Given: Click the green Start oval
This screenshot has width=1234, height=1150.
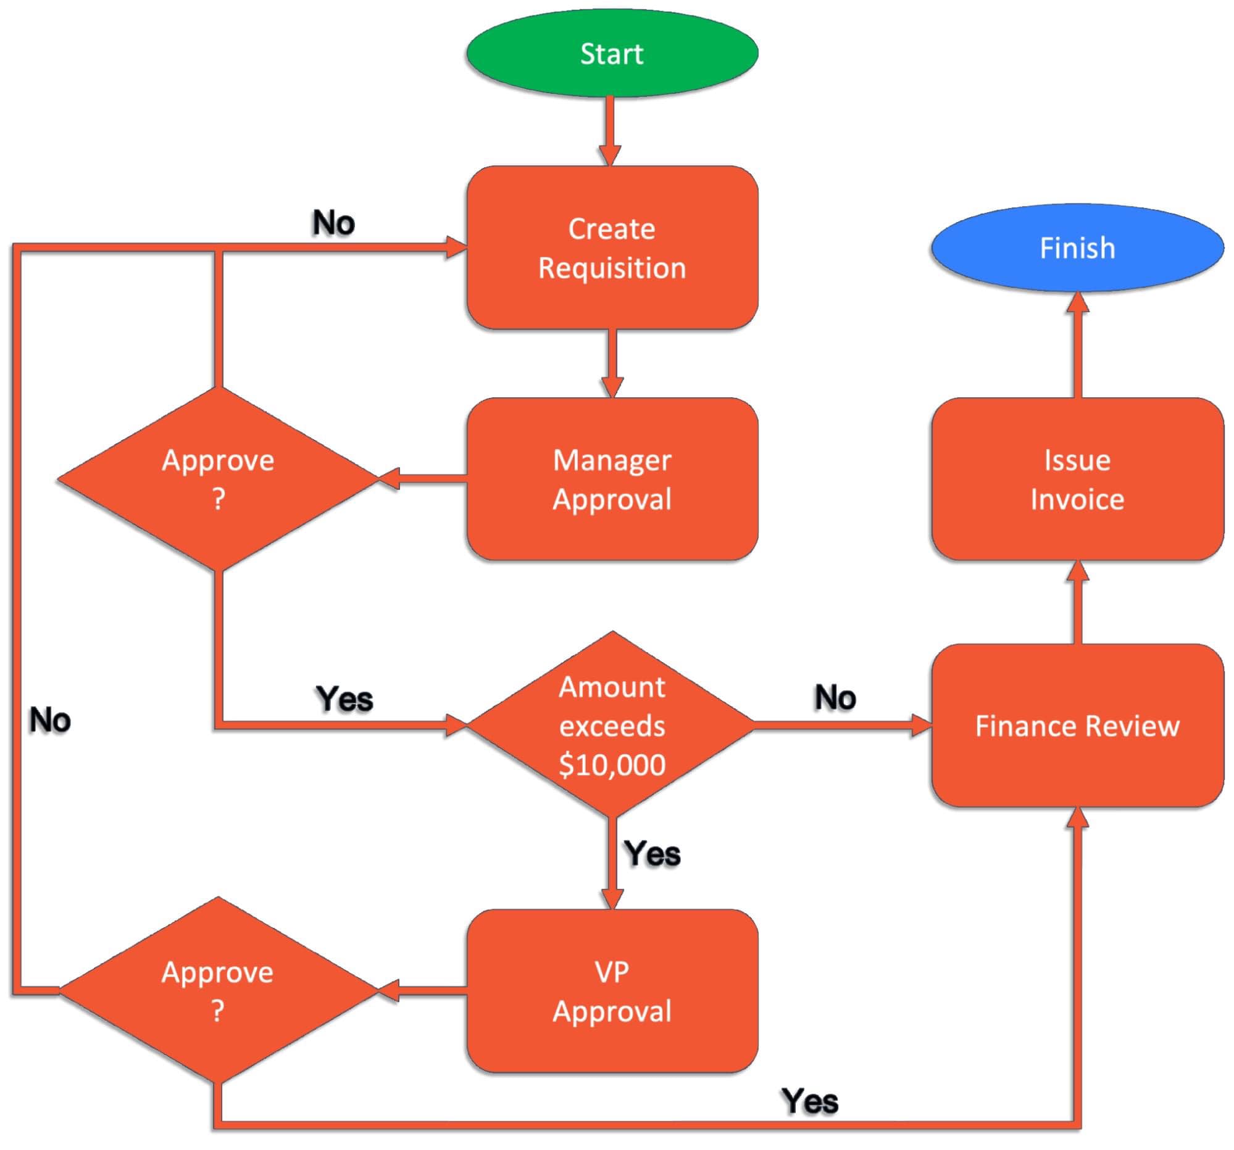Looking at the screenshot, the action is pos(612,53).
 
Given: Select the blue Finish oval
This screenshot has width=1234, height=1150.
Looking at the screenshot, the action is pos(1077,248).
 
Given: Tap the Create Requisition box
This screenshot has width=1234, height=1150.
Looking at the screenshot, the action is pos(612,247).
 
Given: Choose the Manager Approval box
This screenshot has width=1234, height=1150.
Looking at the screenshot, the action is pos(612,479).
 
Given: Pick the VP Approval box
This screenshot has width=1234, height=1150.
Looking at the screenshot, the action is pos(612,991).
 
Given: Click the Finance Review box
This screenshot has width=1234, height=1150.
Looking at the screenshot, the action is pos(1077,725).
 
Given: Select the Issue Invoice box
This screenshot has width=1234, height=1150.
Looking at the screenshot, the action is pos(1077,479).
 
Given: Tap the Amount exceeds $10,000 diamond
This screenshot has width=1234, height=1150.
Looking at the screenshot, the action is pos(612,724).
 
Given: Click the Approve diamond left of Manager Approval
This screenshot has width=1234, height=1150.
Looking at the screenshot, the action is pos(218,479).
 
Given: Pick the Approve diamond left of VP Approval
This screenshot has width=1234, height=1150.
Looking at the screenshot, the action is pos(218,990).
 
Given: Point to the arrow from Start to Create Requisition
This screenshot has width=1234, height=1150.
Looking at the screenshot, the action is pos(611,131).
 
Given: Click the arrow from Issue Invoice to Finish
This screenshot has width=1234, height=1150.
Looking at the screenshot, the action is pos(1078,345).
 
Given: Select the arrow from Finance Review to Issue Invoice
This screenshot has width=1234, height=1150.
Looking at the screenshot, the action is pos(1078,602).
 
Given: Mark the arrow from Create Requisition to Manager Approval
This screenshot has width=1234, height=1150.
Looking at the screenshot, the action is pos(612,363).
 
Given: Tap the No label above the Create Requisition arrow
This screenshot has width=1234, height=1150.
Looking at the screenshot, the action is pos(333,223).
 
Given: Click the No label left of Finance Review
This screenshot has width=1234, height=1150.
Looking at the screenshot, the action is pos(835,697).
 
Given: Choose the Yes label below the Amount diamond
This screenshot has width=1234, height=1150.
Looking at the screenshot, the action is pos(652,853).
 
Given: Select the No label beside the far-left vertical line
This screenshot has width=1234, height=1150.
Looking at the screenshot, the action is pos(49,721).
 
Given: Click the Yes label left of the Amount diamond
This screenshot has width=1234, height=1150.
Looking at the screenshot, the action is pos(344,699).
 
